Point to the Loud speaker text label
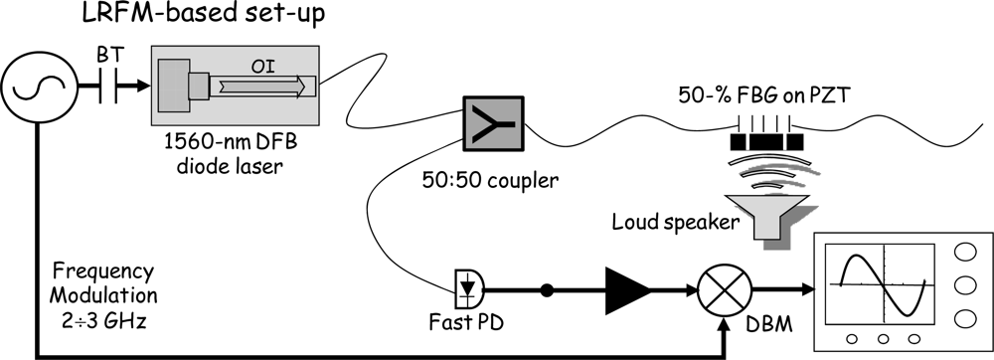point(675,221)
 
